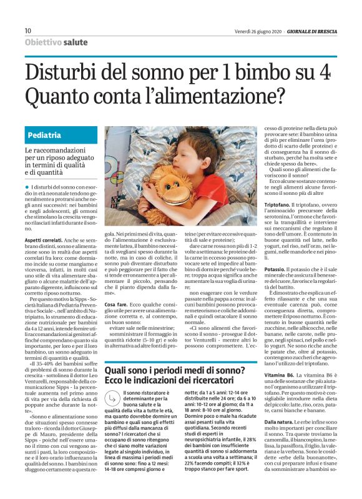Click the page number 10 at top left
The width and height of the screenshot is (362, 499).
(x=28, y=31)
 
